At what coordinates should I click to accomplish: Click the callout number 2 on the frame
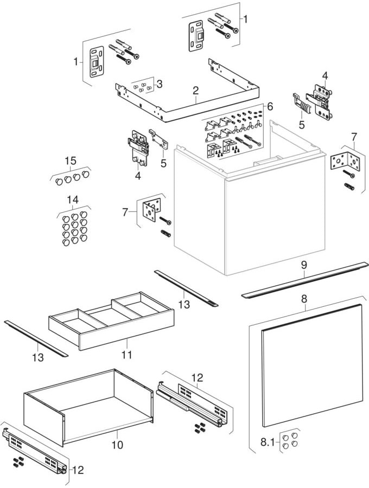tap(195, 92)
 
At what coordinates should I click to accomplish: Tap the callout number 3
tap(159, 85)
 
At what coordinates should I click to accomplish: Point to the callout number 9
tap(304, 265)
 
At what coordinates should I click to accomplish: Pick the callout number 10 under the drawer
tap(117, 445)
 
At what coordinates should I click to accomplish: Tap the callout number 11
tap(126, 355)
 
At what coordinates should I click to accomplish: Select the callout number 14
tap(73, 200)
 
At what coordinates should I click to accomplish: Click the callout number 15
tap(71, 161)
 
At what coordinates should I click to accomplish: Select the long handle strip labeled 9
tap(304, 279)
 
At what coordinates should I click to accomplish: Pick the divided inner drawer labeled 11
tap(111, 320)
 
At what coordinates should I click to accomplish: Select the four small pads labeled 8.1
tap(289, 440)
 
